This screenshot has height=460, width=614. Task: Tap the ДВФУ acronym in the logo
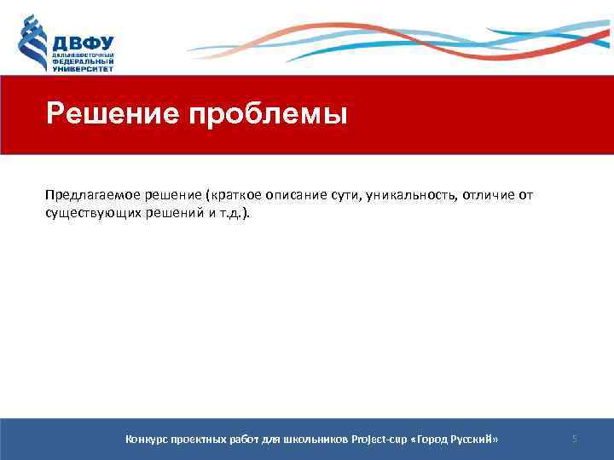click(x=83, y=42)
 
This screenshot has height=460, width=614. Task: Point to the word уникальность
click(x=414, y=194)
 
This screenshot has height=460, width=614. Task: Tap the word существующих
click(x=91, y=213)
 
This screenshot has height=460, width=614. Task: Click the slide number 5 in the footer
click(x=575, y=439)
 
